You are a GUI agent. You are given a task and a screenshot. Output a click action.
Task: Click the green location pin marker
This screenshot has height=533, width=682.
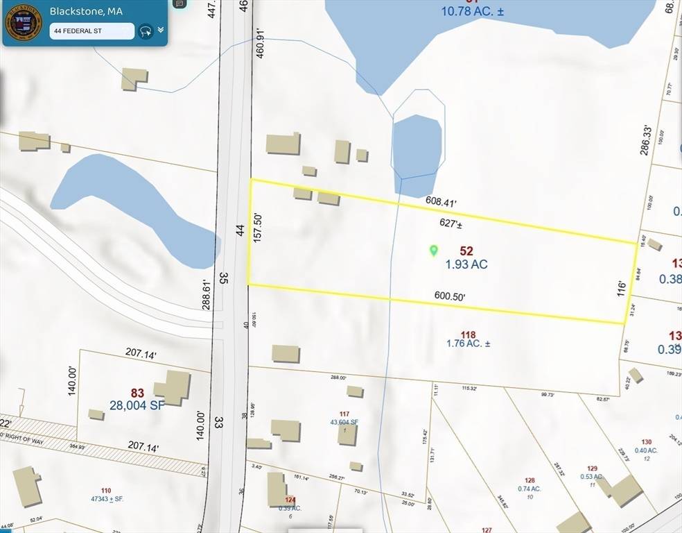pos(435,250)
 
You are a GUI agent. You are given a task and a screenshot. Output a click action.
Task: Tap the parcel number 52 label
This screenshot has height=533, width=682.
pos(466,251)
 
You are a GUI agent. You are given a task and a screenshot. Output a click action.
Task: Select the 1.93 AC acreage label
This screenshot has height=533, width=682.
pos(466,264)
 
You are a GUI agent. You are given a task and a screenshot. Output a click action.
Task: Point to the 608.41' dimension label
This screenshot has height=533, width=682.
pos(441,202)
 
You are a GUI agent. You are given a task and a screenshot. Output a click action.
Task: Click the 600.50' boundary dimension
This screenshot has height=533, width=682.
pos(449,296)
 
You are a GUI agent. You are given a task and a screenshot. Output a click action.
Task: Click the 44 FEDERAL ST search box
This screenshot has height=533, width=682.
pos(91,31)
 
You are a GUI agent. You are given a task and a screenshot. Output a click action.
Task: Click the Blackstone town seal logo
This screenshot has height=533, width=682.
pos(24,24)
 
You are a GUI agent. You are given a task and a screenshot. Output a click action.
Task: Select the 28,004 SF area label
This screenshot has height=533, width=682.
pos(137,405)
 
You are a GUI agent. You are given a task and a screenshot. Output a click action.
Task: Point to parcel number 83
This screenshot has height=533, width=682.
pos(137,394)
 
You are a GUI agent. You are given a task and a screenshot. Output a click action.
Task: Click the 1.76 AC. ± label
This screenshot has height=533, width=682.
pos(469,343)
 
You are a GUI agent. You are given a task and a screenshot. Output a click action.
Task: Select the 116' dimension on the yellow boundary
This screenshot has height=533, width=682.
pos(622,288)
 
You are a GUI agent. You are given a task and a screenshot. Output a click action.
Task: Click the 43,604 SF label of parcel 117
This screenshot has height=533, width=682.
pos(344,422)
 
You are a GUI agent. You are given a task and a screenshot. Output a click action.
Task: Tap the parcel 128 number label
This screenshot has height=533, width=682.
pos(530,480)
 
